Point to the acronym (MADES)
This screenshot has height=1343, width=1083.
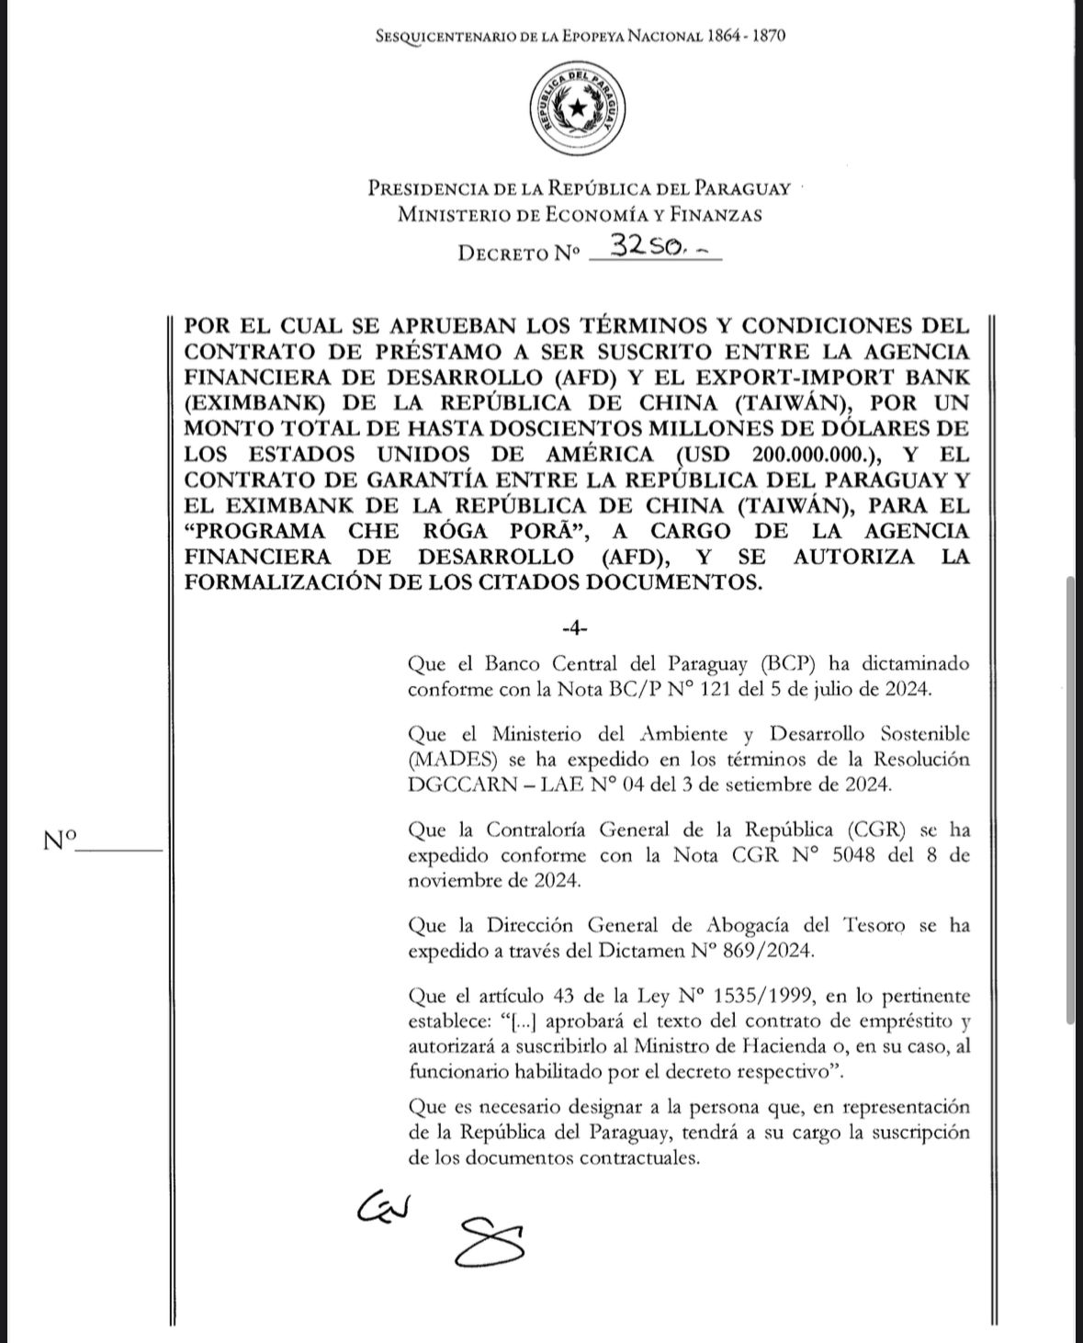click(450, 760)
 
